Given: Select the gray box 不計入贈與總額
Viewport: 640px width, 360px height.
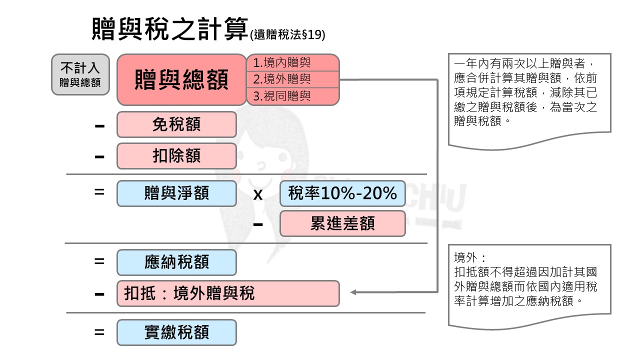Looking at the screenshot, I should (x=80, y=74).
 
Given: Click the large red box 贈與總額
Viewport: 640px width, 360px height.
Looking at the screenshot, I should (x=181, y=79).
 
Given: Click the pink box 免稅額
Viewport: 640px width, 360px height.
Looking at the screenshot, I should (x=176, y=124).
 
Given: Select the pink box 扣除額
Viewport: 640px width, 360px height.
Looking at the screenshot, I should (x=176, y=156).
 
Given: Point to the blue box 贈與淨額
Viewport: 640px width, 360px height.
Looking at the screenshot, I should (x=176, y=193).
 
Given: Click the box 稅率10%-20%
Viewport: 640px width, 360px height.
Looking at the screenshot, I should (x=342, y=193).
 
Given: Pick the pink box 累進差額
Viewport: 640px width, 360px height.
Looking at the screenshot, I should (x=342, y=223).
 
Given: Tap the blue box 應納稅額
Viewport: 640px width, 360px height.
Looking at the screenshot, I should (x=176, y=262).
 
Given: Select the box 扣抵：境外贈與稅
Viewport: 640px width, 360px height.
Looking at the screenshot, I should (x=228, y=293).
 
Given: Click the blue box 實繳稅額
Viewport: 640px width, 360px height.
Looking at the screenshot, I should (x=176, y=332).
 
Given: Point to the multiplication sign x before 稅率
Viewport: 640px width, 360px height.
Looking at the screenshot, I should (x=258, y=194).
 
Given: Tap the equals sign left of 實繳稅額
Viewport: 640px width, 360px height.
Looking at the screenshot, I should (x=99, y=331).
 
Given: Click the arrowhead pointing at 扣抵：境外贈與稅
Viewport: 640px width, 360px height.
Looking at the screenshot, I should (x=353, y=292).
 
